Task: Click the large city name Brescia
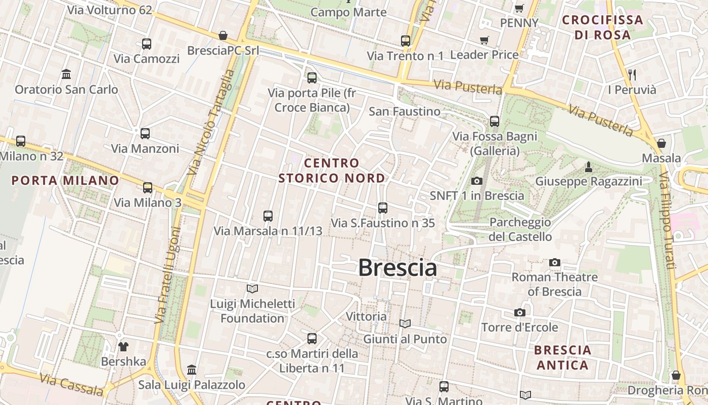coord(397,268)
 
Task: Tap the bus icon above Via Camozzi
coord(147,44)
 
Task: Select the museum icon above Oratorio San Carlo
coord(66,74)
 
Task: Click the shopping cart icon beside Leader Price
coord(484,40)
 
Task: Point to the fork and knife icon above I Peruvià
coord(632,74)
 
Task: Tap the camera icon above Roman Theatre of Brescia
coord(555,262)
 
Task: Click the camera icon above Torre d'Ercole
coord(519,312)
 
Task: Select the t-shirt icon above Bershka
coord(123,347)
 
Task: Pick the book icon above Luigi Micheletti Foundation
coord(252,289)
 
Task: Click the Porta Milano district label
coord(65,180)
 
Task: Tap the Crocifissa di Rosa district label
coord(602,27)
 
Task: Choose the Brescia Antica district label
coord(562,357)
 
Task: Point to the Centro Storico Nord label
coord(332,171)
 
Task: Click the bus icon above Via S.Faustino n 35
coord(383,208)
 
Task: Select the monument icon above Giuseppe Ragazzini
coord(589,167)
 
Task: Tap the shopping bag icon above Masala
coord(661,143)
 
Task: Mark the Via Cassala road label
coord(71,385)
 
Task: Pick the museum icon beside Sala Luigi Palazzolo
coord(192,370)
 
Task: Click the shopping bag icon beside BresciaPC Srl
coord(223,35)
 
